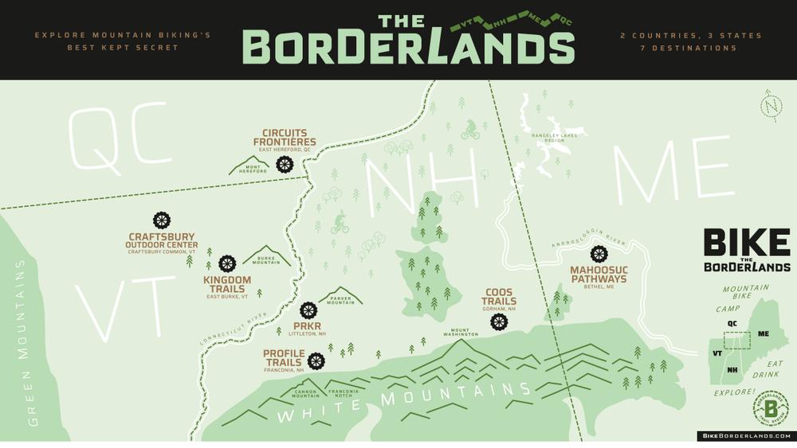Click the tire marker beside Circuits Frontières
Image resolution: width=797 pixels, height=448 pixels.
pyautogui.click(x=285, y=164)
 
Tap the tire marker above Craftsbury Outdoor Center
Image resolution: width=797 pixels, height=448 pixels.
pyautogui.click(x=162, y=220)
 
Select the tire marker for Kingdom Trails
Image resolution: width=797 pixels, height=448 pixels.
pyautogui.click(x=227, y=263)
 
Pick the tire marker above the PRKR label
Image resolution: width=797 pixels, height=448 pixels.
pyautogui.click(x=309, y=310)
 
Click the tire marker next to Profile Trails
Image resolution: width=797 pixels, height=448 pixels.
pyautogui.click(x=316, y=361)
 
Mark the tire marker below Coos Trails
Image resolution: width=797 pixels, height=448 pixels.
pyautogui.click(x=499, y=321)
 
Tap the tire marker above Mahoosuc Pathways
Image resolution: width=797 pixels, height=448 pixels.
pyautogui.click(x=599, y=254)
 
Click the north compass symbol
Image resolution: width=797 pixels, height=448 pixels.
pyautogui.click(x=771, y=105)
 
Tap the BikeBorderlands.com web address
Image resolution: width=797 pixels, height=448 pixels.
pyautogui.click(x=746, y=436)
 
